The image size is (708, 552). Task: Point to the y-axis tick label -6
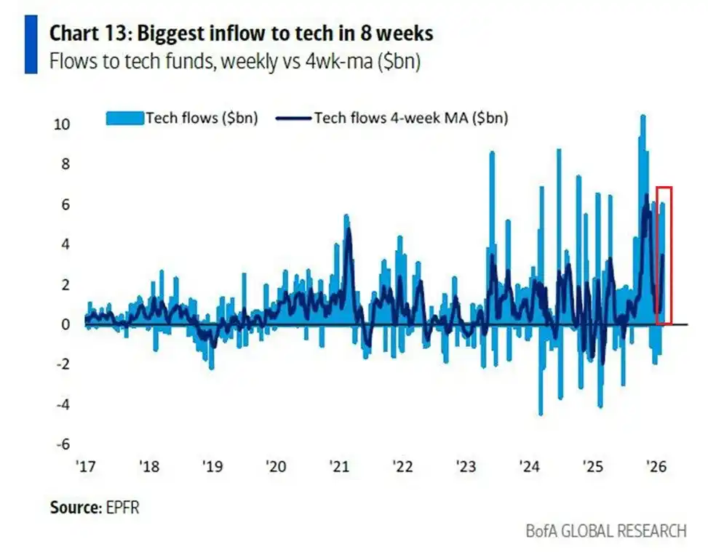point(63,444)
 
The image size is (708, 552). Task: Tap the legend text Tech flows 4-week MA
point(410,118)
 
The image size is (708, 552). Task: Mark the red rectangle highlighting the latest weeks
point(664,255)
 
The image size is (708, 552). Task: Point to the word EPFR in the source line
point(122,508)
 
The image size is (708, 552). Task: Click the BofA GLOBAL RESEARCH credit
point(605,531)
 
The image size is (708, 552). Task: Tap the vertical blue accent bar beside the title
point(30,45)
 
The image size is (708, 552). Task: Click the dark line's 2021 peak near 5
point(349,231)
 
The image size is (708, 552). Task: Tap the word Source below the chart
point(73,508)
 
